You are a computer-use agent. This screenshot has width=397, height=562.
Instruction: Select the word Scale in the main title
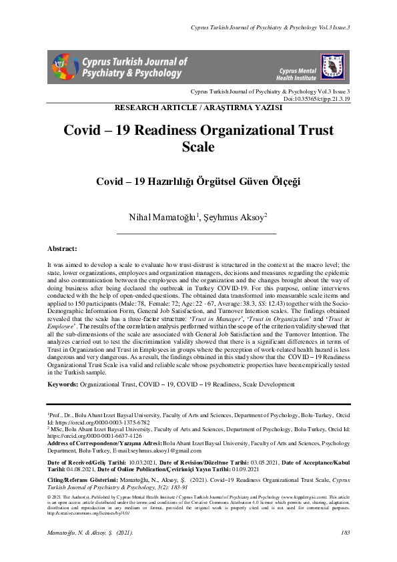198,147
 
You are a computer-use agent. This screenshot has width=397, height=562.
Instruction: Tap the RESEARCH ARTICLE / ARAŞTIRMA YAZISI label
198,107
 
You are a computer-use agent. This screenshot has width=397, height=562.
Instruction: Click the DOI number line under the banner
317,98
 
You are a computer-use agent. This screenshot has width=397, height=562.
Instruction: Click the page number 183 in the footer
345,532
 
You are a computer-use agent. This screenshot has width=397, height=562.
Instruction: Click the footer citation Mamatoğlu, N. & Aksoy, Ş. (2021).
93,532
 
